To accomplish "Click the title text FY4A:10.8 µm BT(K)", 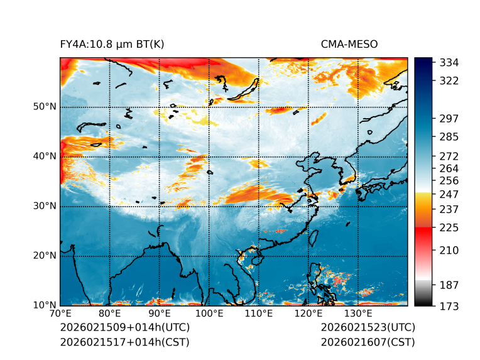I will click(112, 44).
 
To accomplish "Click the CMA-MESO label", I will click(349, 44).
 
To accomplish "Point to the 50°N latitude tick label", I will click(45, 107).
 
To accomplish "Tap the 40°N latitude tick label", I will click(45, 156).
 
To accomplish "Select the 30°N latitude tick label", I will click(45, 206).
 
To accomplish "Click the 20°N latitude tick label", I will click(45, 256).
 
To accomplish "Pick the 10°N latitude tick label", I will click(45, 305).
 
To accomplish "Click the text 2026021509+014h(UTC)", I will click(124, 327).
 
